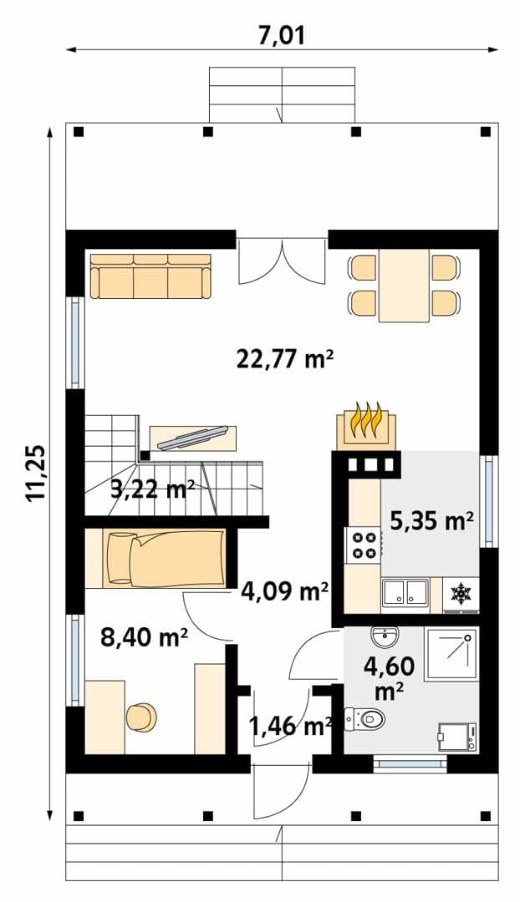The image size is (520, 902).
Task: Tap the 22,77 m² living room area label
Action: [x=285, y=359]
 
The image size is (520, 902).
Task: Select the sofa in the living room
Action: [x=150, y=276]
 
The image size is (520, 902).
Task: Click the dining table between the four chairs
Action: [x=404, y=286]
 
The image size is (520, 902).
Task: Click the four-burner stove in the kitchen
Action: [x=363, y=545]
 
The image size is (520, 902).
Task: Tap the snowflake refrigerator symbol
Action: [x=460, y=595]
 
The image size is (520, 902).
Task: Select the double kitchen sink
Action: [x=405, y=594]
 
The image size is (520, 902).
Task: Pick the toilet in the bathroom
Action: [x=365, y=718]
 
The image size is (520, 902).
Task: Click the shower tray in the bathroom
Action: [x=451, y=655]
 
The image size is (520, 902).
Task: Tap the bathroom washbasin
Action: [x=385, y=636]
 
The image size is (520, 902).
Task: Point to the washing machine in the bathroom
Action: [x=457, y=737]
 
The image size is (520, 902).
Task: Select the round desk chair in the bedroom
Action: [x=141, y=717]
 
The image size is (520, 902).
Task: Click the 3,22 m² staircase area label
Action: [x=151, y=491]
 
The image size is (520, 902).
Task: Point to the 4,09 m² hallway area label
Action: [x=285, y=590]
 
